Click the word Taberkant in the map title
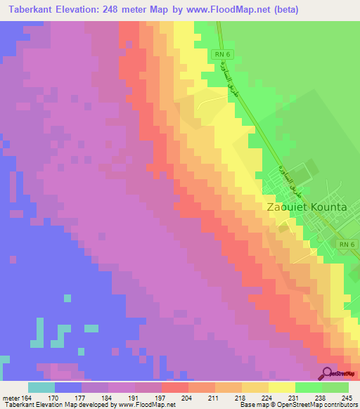pyautogui.click(x=36, y=10)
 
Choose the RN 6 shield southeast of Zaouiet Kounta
pyautogui.click(x=346, y=244)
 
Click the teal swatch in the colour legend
pyautogui.click(x=41, y=387)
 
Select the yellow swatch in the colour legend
pyautogui.click(x=282, y=387)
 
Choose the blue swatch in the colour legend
pyautogui.click(x=68, y=387)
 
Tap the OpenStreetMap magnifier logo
pyautogui.click(x=326, y=374)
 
